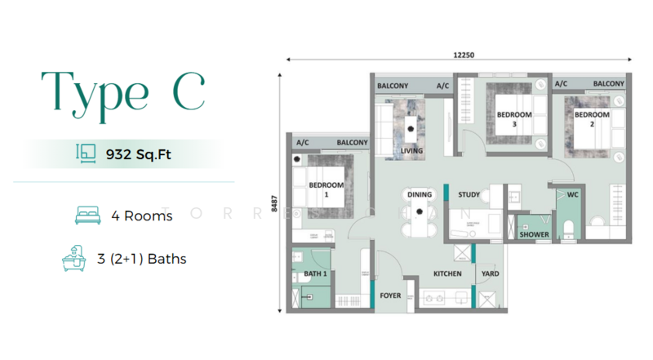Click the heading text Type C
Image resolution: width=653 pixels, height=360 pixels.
[x=123, y=96]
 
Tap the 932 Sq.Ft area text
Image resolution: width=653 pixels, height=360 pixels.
[x=138, y=154]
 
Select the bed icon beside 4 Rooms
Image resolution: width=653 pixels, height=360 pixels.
[x=88, y=215]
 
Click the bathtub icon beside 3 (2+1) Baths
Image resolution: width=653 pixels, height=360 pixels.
[x=74, y=258]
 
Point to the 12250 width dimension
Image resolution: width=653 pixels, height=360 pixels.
[x=464, y=55]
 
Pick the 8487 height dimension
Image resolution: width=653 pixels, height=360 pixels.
[x=274, y=204]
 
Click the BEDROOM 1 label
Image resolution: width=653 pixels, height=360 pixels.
[x=326, y=189]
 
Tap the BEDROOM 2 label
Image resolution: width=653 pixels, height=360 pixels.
[x=592, y=119]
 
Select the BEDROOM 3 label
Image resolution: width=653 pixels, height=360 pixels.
[x=514, y=119]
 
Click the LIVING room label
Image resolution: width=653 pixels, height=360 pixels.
[x=411, y=151]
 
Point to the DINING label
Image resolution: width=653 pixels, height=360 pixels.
[x=420, y=194]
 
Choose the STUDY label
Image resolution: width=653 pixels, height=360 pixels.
[x=469, y=194]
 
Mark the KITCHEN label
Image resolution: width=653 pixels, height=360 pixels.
[x=447, y=273]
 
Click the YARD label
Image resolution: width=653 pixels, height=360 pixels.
[x=491, y=273]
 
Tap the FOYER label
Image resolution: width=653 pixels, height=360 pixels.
[x=390, y=296]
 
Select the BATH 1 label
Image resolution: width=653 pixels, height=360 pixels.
[x=315, y=273]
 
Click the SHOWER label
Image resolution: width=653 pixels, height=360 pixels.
[x=535, y=234]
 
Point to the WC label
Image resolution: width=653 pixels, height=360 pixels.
[x=573, y=194]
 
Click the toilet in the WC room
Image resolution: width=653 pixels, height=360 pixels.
[x=568, y=230]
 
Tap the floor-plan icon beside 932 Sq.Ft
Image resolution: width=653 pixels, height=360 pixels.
[x=86, y=153]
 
